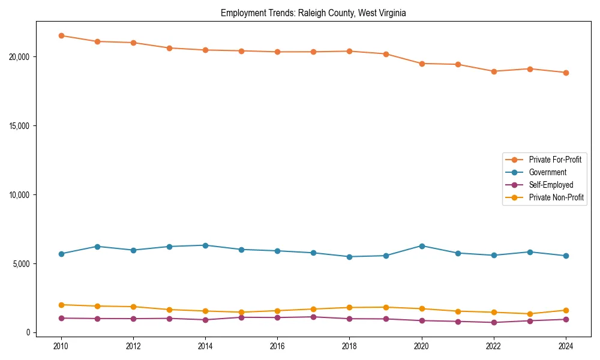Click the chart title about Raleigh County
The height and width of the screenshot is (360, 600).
coord(313,13)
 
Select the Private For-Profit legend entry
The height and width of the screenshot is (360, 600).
coord(555,160)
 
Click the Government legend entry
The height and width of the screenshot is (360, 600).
coord(547,172)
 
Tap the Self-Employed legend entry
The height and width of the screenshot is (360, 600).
coord(551,185)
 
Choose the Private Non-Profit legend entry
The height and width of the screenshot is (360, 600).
coord(556,197)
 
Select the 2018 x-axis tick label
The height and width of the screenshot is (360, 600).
coord(349,346)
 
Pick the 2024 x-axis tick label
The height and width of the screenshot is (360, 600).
coord(566,346)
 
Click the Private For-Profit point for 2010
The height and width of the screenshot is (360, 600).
coord(61,35)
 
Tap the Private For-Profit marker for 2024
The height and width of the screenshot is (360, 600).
coord(566,73)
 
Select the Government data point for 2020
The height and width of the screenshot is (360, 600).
coord(422,246)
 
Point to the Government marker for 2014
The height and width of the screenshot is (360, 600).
coord(205,245)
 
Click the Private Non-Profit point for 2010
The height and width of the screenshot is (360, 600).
coord(61,305)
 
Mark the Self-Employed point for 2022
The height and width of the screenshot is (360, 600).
coord(494,322)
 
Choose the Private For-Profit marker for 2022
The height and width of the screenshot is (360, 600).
coord(494,71)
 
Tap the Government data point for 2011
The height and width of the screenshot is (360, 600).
coord(97,247)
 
